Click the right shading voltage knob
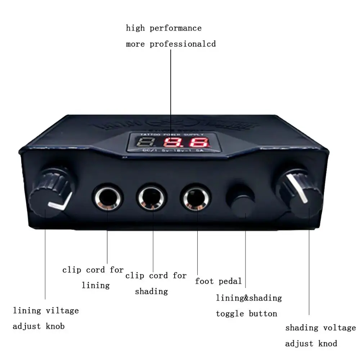[x=302, y=194]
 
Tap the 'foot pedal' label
[x=218, y=281]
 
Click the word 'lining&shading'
[x=249, y=298]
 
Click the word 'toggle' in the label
[x=230, y=314]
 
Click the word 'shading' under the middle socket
[x=151, y=292]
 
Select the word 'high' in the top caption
[x=135, y=28]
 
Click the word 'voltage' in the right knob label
[x=339, y=328]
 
